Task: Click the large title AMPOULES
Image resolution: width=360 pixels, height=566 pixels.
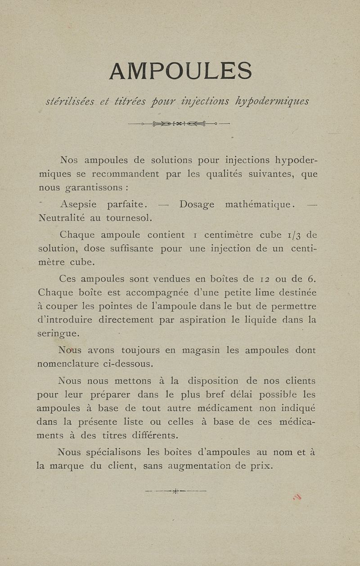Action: [180, 71]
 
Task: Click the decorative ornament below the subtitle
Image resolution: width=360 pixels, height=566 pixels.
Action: [179, 123]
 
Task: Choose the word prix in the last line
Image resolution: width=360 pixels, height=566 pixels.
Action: [262, 466]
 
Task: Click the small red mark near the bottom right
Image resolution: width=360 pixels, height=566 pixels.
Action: [297, 497]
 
